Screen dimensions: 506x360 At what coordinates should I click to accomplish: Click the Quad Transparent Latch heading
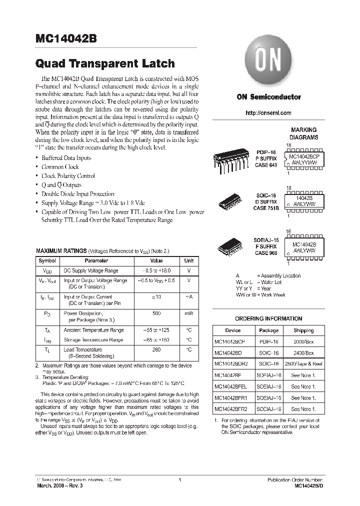(105, 63)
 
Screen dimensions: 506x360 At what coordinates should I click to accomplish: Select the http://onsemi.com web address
(268, 113)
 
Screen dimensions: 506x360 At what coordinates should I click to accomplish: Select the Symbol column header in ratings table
(47, 260)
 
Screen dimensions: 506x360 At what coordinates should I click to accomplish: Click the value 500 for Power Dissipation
(156, 313)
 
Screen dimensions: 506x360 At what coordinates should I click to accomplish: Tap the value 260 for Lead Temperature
(156, 349)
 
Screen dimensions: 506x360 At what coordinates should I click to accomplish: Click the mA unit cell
(188, 297)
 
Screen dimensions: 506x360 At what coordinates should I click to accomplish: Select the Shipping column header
(303, 330)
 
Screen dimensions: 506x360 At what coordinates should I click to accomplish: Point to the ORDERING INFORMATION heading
(268, 318)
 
